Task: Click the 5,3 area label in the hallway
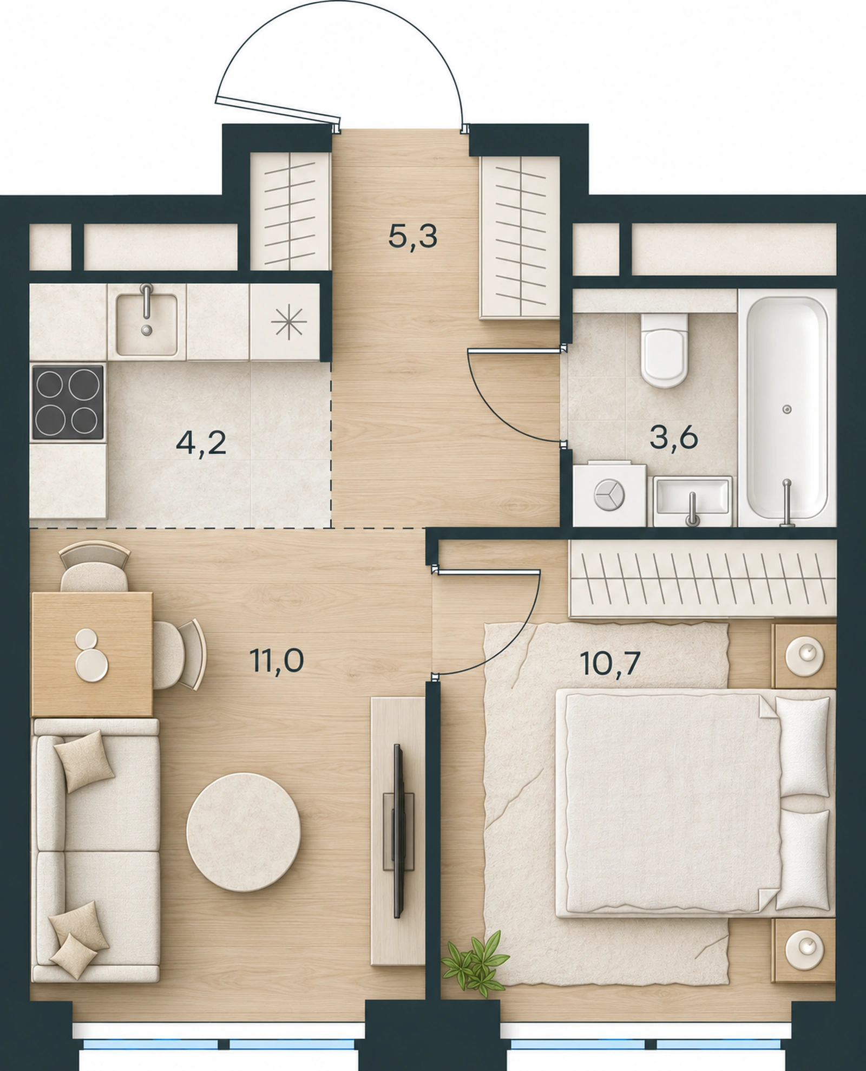point(412,237)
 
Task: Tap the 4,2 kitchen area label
point(200,443)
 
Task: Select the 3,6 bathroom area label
point(674,437)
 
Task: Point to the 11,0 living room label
point(277,659)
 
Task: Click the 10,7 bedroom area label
point(610,662)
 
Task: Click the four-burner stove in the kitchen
point(68,402)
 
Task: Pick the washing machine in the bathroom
point(609,493)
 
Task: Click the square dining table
point(92,654)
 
